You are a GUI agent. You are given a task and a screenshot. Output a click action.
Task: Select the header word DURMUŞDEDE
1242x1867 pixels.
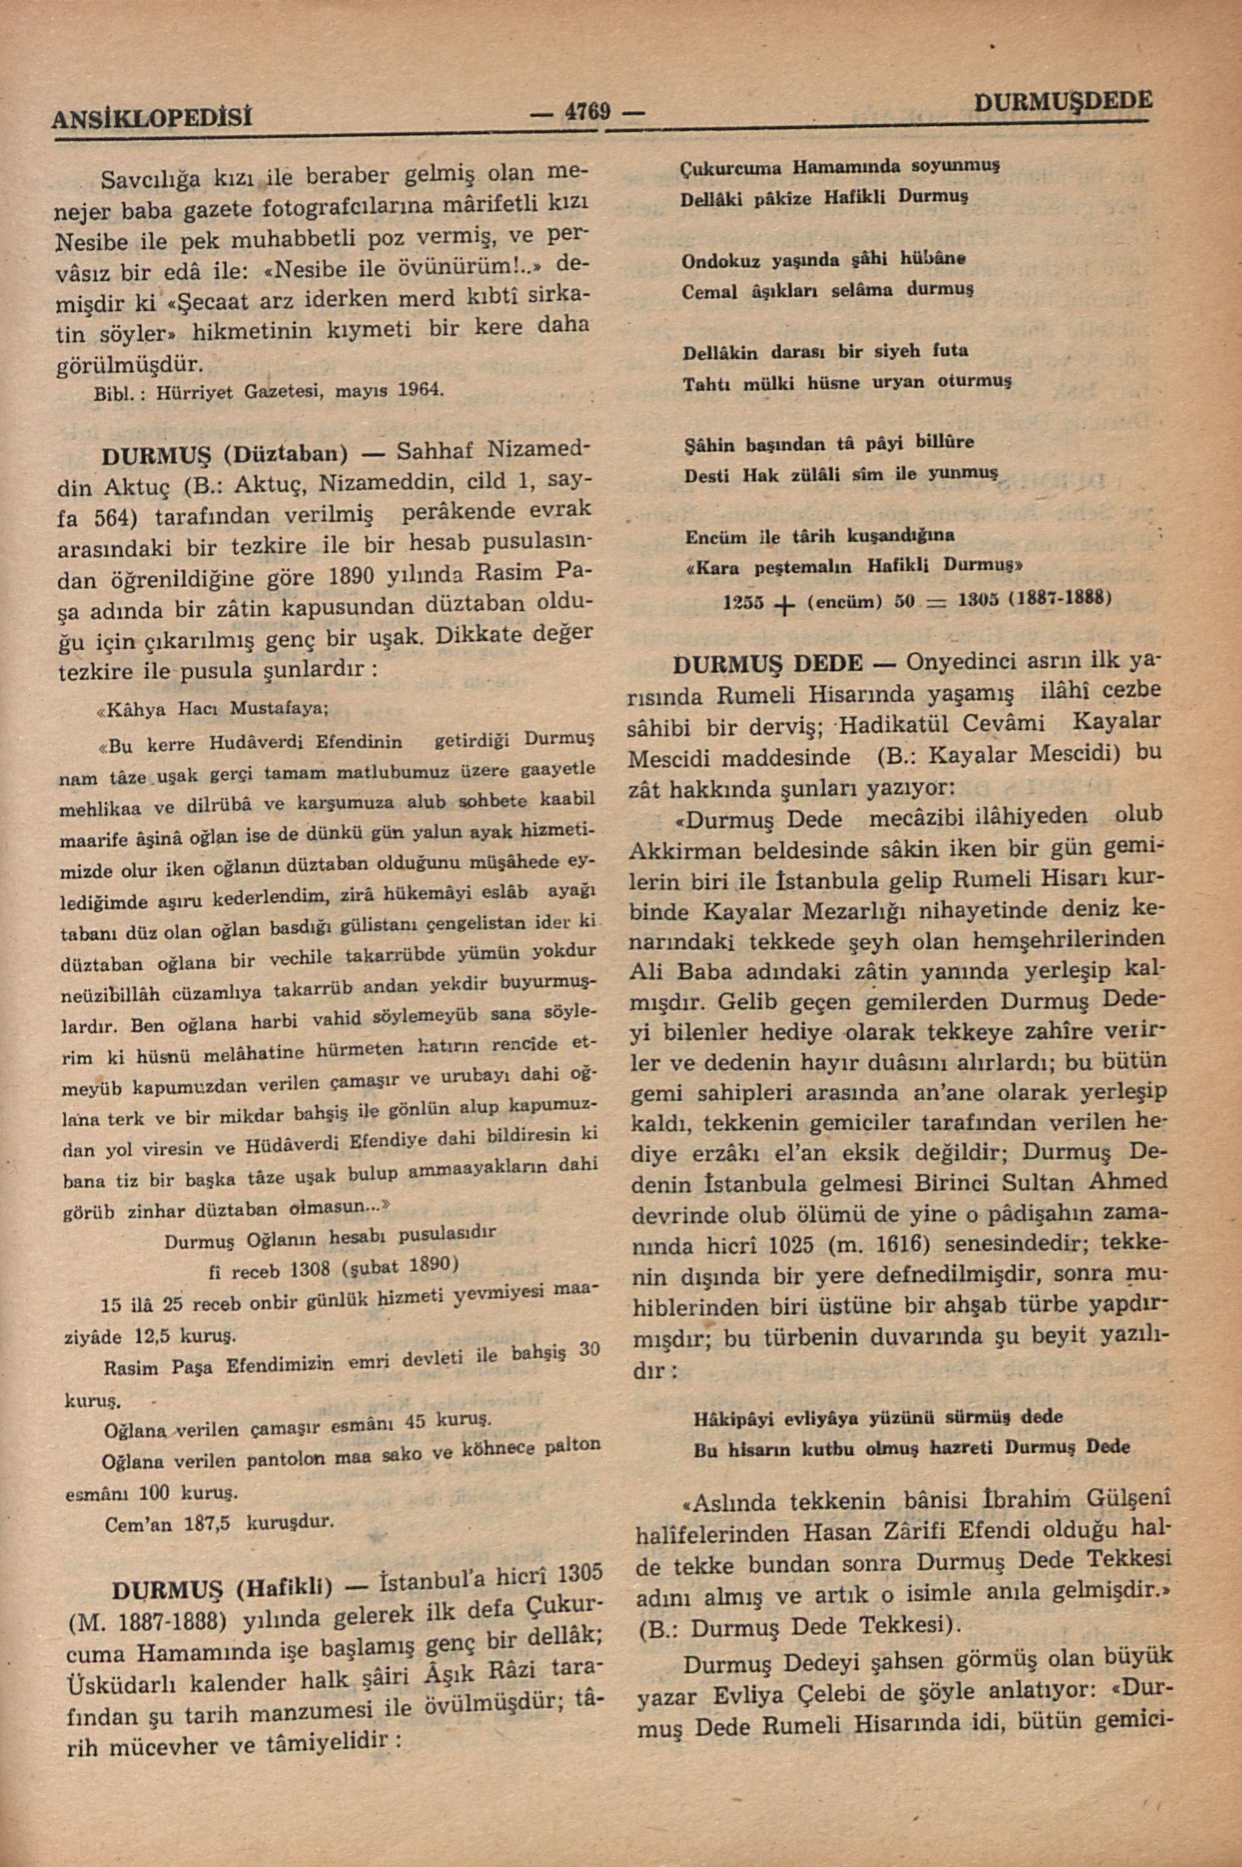click(1062, 100)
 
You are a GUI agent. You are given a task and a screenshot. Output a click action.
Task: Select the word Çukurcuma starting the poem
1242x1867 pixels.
click(733, 169)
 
